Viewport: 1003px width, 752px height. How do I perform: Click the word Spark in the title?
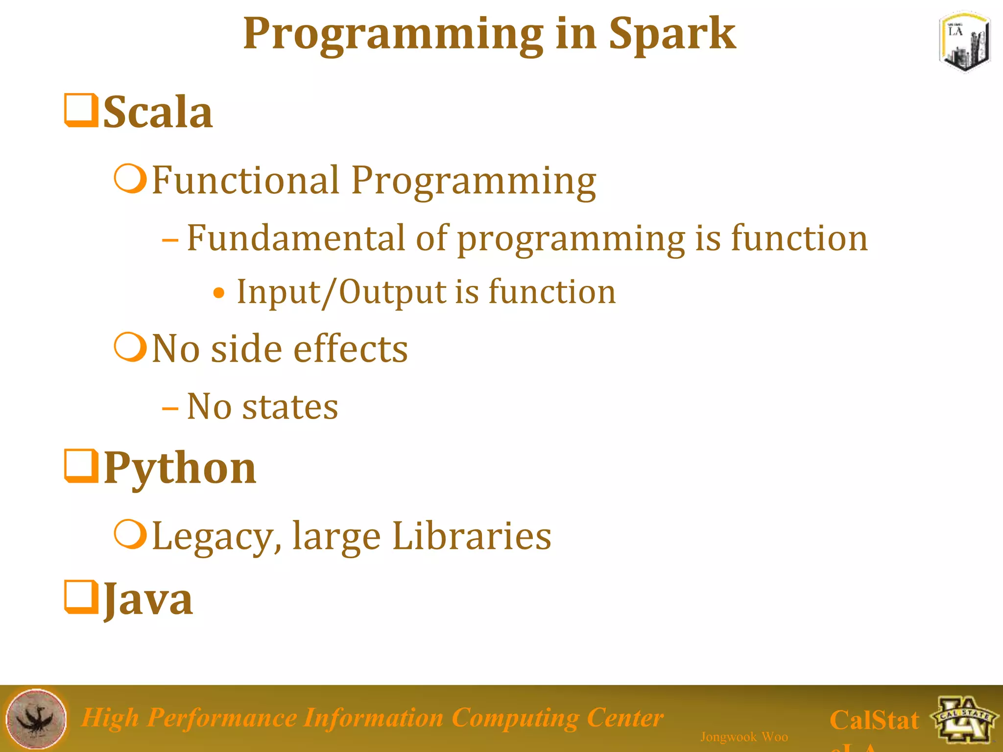[x=671, y=34]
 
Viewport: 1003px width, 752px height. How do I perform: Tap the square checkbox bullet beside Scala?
[x=81, y=111]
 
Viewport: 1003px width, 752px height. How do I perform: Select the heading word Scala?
[x=158, y=113]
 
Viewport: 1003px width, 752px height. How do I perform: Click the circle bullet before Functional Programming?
[x=130, y=179]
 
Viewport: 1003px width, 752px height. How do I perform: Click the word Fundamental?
[x=296, y=238]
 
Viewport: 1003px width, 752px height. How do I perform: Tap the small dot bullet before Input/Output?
[x=219, y=293]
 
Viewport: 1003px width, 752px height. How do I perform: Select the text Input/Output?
[x=341, y=292]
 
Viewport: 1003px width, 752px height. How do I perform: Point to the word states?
[x=290, y=407]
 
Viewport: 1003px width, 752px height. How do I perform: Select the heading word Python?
[x=180, y=469]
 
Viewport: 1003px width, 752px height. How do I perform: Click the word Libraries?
[x=471, y=536]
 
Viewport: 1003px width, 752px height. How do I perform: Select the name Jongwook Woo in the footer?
[x=743, y=736]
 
